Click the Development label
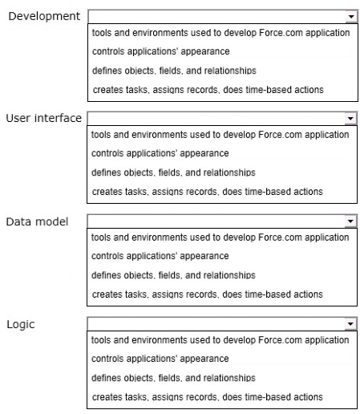point(44,16)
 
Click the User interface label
point(44,118)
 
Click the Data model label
point(37,221)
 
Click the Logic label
point(21,324)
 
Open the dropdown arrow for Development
point(351,17)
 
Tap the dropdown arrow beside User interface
point(350,119)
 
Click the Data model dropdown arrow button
point(350,221)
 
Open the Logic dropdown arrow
point(350,324)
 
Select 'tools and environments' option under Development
point(221,33)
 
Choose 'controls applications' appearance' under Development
point(161,51)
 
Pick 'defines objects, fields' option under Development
point(174,71)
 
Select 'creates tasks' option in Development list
point(208,90)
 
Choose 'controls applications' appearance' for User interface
point(160,153)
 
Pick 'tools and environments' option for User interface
point(220,135)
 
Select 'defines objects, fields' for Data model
point(173,275)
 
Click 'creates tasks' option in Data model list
point(208,294)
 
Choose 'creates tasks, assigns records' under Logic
point(208,397)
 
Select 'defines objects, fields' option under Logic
point(173,378)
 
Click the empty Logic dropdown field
point(216,324)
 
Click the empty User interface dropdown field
point(216,119)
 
